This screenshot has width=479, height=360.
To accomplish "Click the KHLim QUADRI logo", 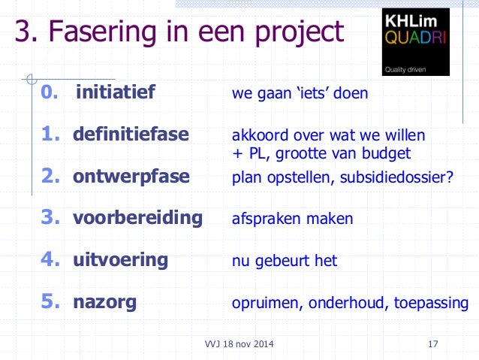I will tap(415, 41).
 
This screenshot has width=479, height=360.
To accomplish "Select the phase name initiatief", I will tap(115, 93).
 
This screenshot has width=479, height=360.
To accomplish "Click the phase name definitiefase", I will tap(131, 135).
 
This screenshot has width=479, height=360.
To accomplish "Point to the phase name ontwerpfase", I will tap(131, 177).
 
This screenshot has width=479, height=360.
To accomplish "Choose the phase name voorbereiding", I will tap(137, 218).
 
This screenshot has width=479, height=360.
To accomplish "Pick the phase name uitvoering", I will tap(120, 260).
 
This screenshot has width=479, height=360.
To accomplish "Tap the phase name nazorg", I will tap(104, 302).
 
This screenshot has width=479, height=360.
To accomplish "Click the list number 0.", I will tap(48, 93).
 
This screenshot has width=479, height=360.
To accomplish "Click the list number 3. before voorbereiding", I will tap(50, 218).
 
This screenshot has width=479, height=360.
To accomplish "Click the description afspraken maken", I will tap(292, 220).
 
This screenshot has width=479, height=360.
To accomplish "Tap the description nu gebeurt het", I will tap(285, 262).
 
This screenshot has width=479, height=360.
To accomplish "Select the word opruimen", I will tap(264, 304).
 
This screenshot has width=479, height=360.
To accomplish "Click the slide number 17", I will tap(432, 344).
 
